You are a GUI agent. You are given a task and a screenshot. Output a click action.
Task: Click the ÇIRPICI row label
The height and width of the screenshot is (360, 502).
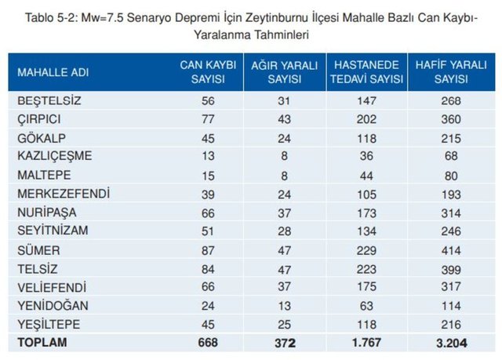click(40, 118)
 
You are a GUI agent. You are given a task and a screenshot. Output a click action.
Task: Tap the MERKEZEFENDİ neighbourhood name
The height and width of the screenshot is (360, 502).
click(63, 193)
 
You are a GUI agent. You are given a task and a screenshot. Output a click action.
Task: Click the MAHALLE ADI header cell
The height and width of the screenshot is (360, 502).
click(53, 72)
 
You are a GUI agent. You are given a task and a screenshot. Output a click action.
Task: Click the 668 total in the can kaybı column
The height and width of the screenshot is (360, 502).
click(208, 342)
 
